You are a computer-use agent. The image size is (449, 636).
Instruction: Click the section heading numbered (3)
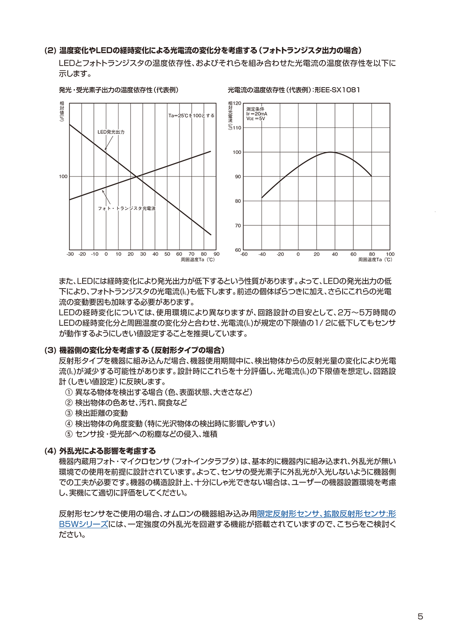pos(135,350)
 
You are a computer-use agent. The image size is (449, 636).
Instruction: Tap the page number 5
pos(420,616)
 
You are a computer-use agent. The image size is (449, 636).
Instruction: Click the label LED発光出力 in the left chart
pos(111,132)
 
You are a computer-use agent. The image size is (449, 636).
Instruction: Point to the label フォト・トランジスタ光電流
pos(127,208)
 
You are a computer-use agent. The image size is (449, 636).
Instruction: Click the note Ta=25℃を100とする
pos(191,116)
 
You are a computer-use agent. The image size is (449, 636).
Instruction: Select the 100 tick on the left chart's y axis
pos(63,176)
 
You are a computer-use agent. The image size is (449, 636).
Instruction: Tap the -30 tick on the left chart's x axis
pos(70,254)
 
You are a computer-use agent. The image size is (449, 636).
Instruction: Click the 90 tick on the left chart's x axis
pos(216,254)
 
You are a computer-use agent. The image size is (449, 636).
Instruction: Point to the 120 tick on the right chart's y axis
pos(237,104)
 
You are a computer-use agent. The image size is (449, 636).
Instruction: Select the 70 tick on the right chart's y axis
pos(238,226)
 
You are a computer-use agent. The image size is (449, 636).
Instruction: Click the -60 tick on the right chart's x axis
pos(244,254)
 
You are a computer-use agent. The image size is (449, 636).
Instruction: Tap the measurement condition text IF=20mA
pos(257,114)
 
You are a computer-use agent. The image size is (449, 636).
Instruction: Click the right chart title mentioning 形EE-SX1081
pos(294,90)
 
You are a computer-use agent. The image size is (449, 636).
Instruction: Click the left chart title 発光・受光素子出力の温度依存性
pos(119,90)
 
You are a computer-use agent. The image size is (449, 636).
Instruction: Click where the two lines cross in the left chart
pos(137,177)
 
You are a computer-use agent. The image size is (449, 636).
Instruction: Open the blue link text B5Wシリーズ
pos(84,524)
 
